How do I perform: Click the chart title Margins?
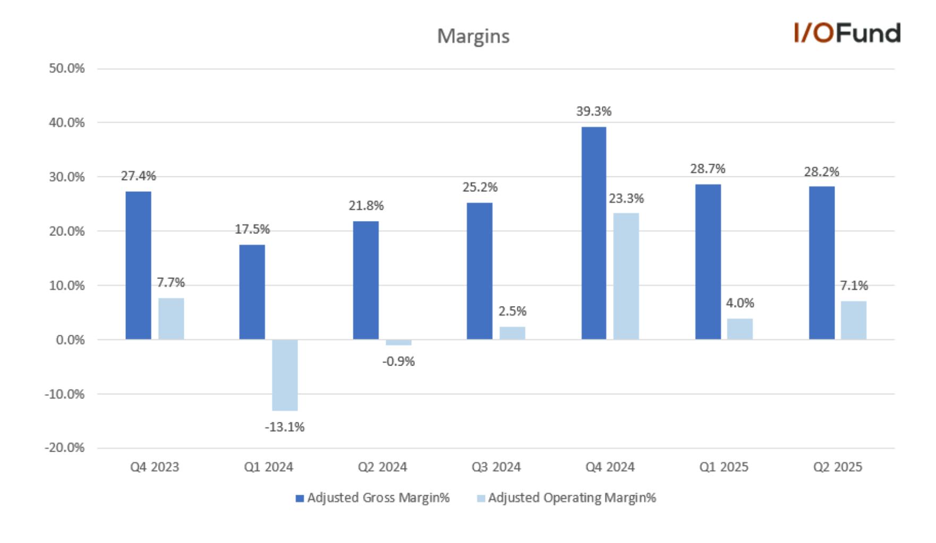[473, 36]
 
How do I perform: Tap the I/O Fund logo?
[847, 33]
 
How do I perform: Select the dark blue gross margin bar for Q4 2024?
[594, 233]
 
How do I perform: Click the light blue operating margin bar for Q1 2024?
[285, 375]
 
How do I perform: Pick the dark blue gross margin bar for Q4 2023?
[138, 265]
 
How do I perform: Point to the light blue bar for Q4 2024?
[626, 276]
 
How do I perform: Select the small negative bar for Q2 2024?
[398, 342]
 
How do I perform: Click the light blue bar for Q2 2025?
[854, 320]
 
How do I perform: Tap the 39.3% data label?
[594, 112]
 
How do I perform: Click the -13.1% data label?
[285, 427]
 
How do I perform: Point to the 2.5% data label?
[513, 311]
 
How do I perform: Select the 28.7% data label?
[708, 169]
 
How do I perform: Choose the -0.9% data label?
[398, 362]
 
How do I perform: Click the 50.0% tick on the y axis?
[67, 69]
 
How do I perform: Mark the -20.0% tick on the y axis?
[65, 448]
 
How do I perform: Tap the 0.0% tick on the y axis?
[70, 340]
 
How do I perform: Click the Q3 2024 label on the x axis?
[496, 467]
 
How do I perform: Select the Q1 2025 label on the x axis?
[724, 467]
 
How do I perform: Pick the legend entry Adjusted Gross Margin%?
[373, 498]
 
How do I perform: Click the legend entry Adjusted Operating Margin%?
[567, 498]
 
